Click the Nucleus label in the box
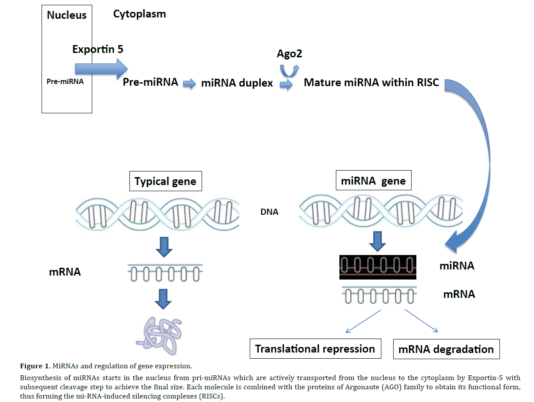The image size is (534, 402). (66, 15)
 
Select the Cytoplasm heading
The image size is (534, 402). (140, 14)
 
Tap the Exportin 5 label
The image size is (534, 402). (98, 49)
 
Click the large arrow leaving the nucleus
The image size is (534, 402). (101, 69)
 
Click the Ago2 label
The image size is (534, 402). (290, 54)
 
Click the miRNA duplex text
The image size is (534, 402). (237, 83)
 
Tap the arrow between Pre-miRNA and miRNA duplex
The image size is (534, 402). (189, 84)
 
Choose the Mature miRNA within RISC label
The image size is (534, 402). (371, 82)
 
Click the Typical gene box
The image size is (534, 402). (165, 182)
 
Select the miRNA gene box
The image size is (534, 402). (373, 181)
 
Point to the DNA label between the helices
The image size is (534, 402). (269, 212)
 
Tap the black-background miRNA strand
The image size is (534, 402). (378, 267)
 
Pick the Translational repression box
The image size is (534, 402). (315, 349)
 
